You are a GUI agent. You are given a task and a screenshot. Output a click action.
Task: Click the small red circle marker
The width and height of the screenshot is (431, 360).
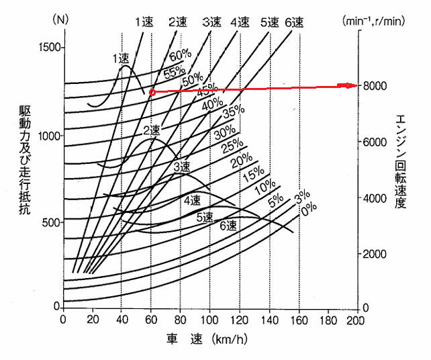point(152,93)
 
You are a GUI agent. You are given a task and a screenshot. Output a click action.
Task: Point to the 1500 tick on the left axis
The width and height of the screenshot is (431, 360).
point(50,47)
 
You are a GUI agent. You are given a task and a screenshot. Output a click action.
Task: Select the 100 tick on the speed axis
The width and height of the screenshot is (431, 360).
point(209,320)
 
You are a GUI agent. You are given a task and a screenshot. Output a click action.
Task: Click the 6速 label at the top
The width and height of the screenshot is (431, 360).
point(294,23)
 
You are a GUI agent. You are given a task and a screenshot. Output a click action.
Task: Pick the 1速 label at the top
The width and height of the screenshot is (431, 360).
point(144,22)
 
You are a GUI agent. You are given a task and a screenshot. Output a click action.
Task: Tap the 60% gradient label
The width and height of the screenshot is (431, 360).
point(181,56)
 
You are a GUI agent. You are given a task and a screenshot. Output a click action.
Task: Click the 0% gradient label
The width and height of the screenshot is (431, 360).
point(309,210)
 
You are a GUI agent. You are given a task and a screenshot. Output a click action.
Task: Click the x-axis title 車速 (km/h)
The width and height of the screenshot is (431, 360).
point(207,340)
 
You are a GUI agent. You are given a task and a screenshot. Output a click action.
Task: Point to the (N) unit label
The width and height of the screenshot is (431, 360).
point(60,19)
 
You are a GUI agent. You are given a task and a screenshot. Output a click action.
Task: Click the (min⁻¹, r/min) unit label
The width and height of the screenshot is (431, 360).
point(373,21)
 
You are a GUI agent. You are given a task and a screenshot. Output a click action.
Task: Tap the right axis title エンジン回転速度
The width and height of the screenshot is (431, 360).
point(401,161)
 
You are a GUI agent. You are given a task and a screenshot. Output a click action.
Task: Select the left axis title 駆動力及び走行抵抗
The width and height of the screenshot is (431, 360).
point(25,159)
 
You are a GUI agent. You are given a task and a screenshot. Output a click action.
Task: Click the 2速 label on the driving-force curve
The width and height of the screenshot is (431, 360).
point(152,130)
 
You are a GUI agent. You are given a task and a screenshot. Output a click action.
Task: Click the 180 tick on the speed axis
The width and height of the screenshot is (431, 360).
point(328,320)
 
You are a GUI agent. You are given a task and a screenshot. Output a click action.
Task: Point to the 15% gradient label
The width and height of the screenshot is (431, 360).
point(254,175)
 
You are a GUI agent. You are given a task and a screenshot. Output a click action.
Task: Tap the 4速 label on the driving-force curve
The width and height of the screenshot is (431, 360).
point(193,201)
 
